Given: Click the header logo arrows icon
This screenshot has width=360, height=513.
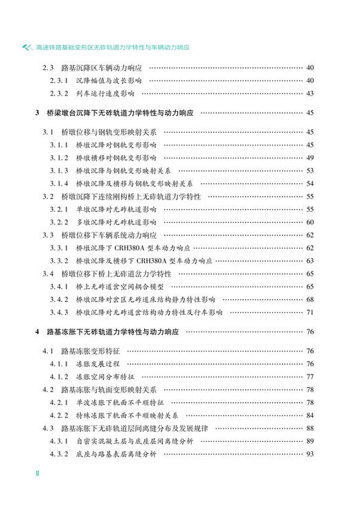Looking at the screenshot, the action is (27, 48).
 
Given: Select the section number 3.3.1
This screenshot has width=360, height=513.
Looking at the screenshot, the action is (57, 248).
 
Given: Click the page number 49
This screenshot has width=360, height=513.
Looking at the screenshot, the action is (309, 157).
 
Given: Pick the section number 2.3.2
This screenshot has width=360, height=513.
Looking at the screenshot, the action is (57, 93).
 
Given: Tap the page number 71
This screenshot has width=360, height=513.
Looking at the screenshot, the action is (309, 312).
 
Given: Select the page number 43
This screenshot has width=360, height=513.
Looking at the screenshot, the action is (309, 93).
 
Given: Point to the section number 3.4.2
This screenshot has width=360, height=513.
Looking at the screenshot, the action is (57, 299).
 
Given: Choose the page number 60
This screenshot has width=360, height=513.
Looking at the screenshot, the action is (309, 222).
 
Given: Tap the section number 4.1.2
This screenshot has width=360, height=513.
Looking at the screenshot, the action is (57, 377).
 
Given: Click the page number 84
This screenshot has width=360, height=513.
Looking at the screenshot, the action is (309, 415).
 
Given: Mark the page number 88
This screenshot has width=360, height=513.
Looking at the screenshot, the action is (309, 428).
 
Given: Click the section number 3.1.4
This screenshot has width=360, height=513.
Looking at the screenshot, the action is (57, 183).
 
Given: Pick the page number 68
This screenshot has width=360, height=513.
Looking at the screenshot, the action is (309, 299).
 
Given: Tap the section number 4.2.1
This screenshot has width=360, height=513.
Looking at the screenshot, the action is (57, 402).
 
